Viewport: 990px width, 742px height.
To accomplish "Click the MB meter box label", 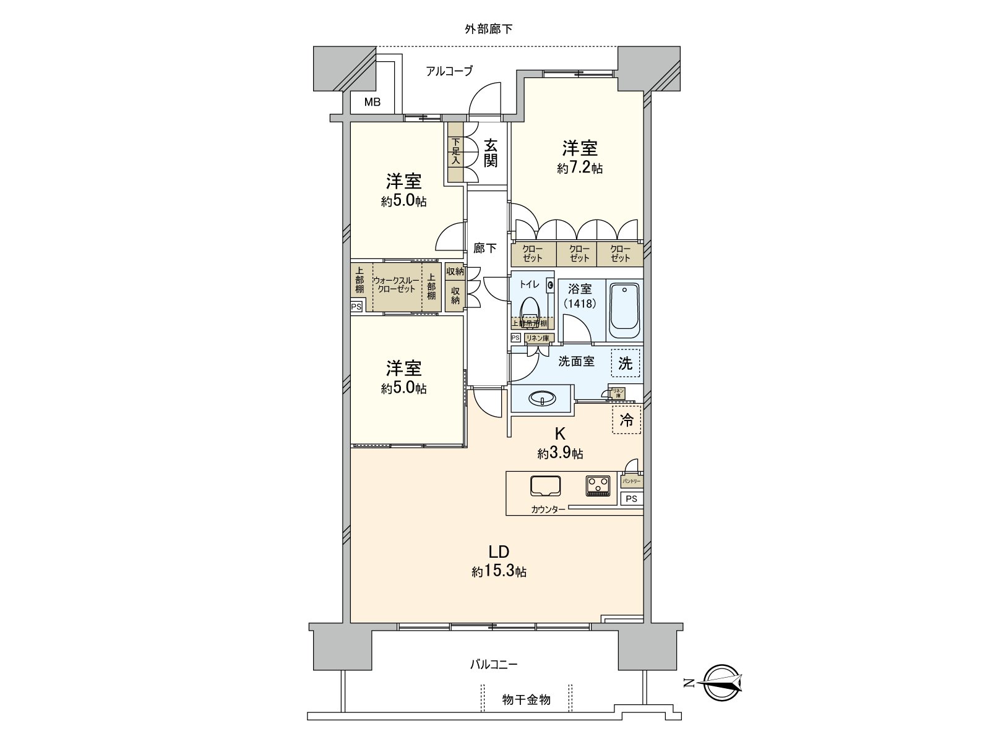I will tap(372, 103).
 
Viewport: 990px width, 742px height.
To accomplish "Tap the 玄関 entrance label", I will tap(490, 153).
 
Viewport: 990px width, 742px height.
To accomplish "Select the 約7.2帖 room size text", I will tap(580, 168).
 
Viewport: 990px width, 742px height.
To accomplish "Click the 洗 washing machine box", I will tap(626, 364).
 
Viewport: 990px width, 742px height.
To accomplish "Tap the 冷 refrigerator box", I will tap(626, 420).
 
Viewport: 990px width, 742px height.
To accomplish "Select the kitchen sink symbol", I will tap(545, 486).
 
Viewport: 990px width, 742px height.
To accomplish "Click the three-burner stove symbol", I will tap(598, 485).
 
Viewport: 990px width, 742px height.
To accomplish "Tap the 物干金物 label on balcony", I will tap(526, 700).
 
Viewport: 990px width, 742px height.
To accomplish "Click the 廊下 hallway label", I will tap(484, 249).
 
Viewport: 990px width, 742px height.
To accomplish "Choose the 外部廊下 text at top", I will tap(488, 28).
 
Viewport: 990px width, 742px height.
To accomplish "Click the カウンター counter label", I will tap(548, 510).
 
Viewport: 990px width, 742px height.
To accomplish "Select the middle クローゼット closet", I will tap(579, 254).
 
